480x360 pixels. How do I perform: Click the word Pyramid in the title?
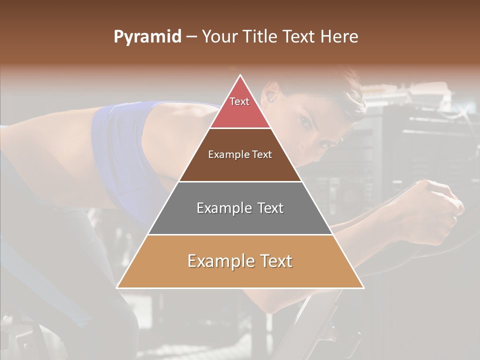[x=147, y=37]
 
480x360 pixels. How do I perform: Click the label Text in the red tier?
[x=239, y=101]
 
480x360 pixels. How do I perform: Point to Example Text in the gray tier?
[x=240, y=208]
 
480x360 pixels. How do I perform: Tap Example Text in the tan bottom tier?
[x=240, y=261]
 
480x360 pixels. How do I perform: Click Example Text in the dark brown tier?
[x=240, y=154]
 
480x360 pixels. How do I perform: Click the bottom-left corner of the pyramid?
[x=118, y=287]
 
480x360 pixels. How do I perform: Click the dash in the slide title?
[x=191, y=37]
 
